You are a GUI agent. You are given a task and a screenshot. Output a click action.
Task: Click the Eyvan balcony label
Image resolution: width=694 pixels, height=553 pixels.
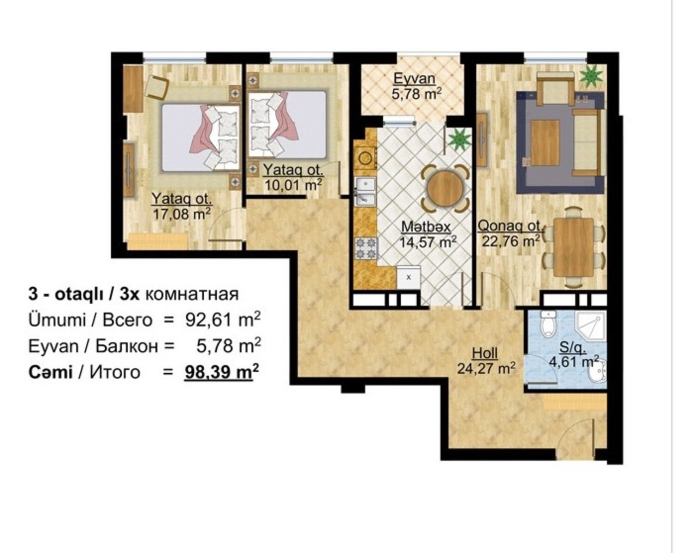point(415,79)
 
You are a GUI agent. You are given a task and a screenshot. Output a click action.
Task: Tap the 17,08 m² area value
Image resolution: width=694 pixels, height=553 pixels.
point(182,214)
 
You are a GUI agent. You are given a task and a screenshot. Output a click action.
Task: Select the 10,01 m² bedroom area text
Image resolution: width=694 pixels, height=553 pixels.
point(293,185)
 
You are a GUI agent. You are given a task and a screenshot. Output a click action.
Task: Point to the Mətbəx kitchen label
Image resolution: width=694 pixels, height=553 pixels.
point(426,227)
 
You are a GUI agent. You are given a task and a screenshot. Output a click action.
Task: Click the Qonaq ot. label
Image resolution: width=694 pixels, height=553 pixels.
point(510,226)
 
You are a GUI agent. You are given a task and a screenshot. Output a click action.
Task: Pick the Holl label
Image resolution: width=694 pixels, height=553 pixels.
point(485,353)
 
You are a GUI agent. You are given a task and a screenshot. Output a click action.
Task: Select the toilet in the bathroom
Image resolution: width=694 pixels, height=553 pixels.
point(548,324)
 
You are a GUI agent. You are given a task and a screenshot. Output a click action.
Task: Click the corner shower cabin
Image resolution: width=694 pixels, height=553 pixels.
point(591,325)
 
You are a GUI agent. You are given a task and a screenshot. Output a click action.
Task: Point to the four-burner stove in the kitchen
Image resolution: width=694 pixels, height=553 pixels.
point(366,248)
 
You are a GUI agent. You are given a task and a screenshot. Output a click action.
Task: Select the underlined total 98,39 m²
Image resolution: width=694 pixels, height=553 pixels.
point(221,372)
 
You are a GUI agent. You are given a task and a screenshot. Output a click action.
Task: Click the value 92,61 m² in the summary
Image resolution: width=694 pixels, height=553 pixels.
point(223,320)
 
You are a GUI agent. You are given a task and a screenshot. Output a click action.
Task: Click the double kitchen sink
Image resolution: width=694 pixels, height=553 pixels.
point(365,191)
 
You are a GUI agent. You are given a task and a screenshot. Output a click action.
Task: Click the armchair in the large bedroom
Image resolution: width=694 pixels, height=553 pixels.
point(157,86)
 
